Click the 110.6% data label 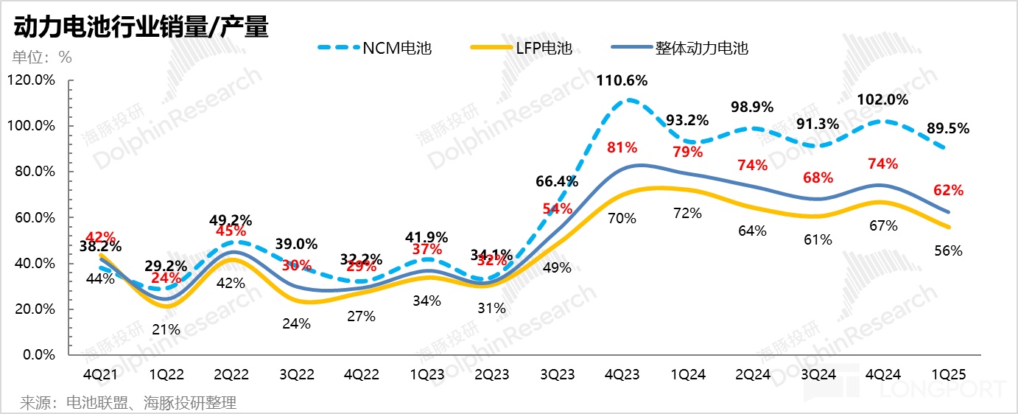coord(622,80)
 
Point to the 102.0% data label coord(883,99)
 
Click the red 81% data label coord(622,147)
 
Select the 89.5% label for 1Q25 coord(947,128)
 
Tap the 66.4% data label coord(557,180)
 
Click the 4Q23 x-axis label coord(622,374)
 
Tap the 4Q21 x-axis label coord(101,374)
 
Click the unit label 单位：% coord(41,57)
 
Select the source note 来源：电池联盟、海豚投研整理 coord(128,402)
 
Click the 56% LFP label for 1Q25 coord(948,250)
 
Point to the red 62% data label coord(948,190)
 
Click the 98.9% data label coord(752,107)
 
